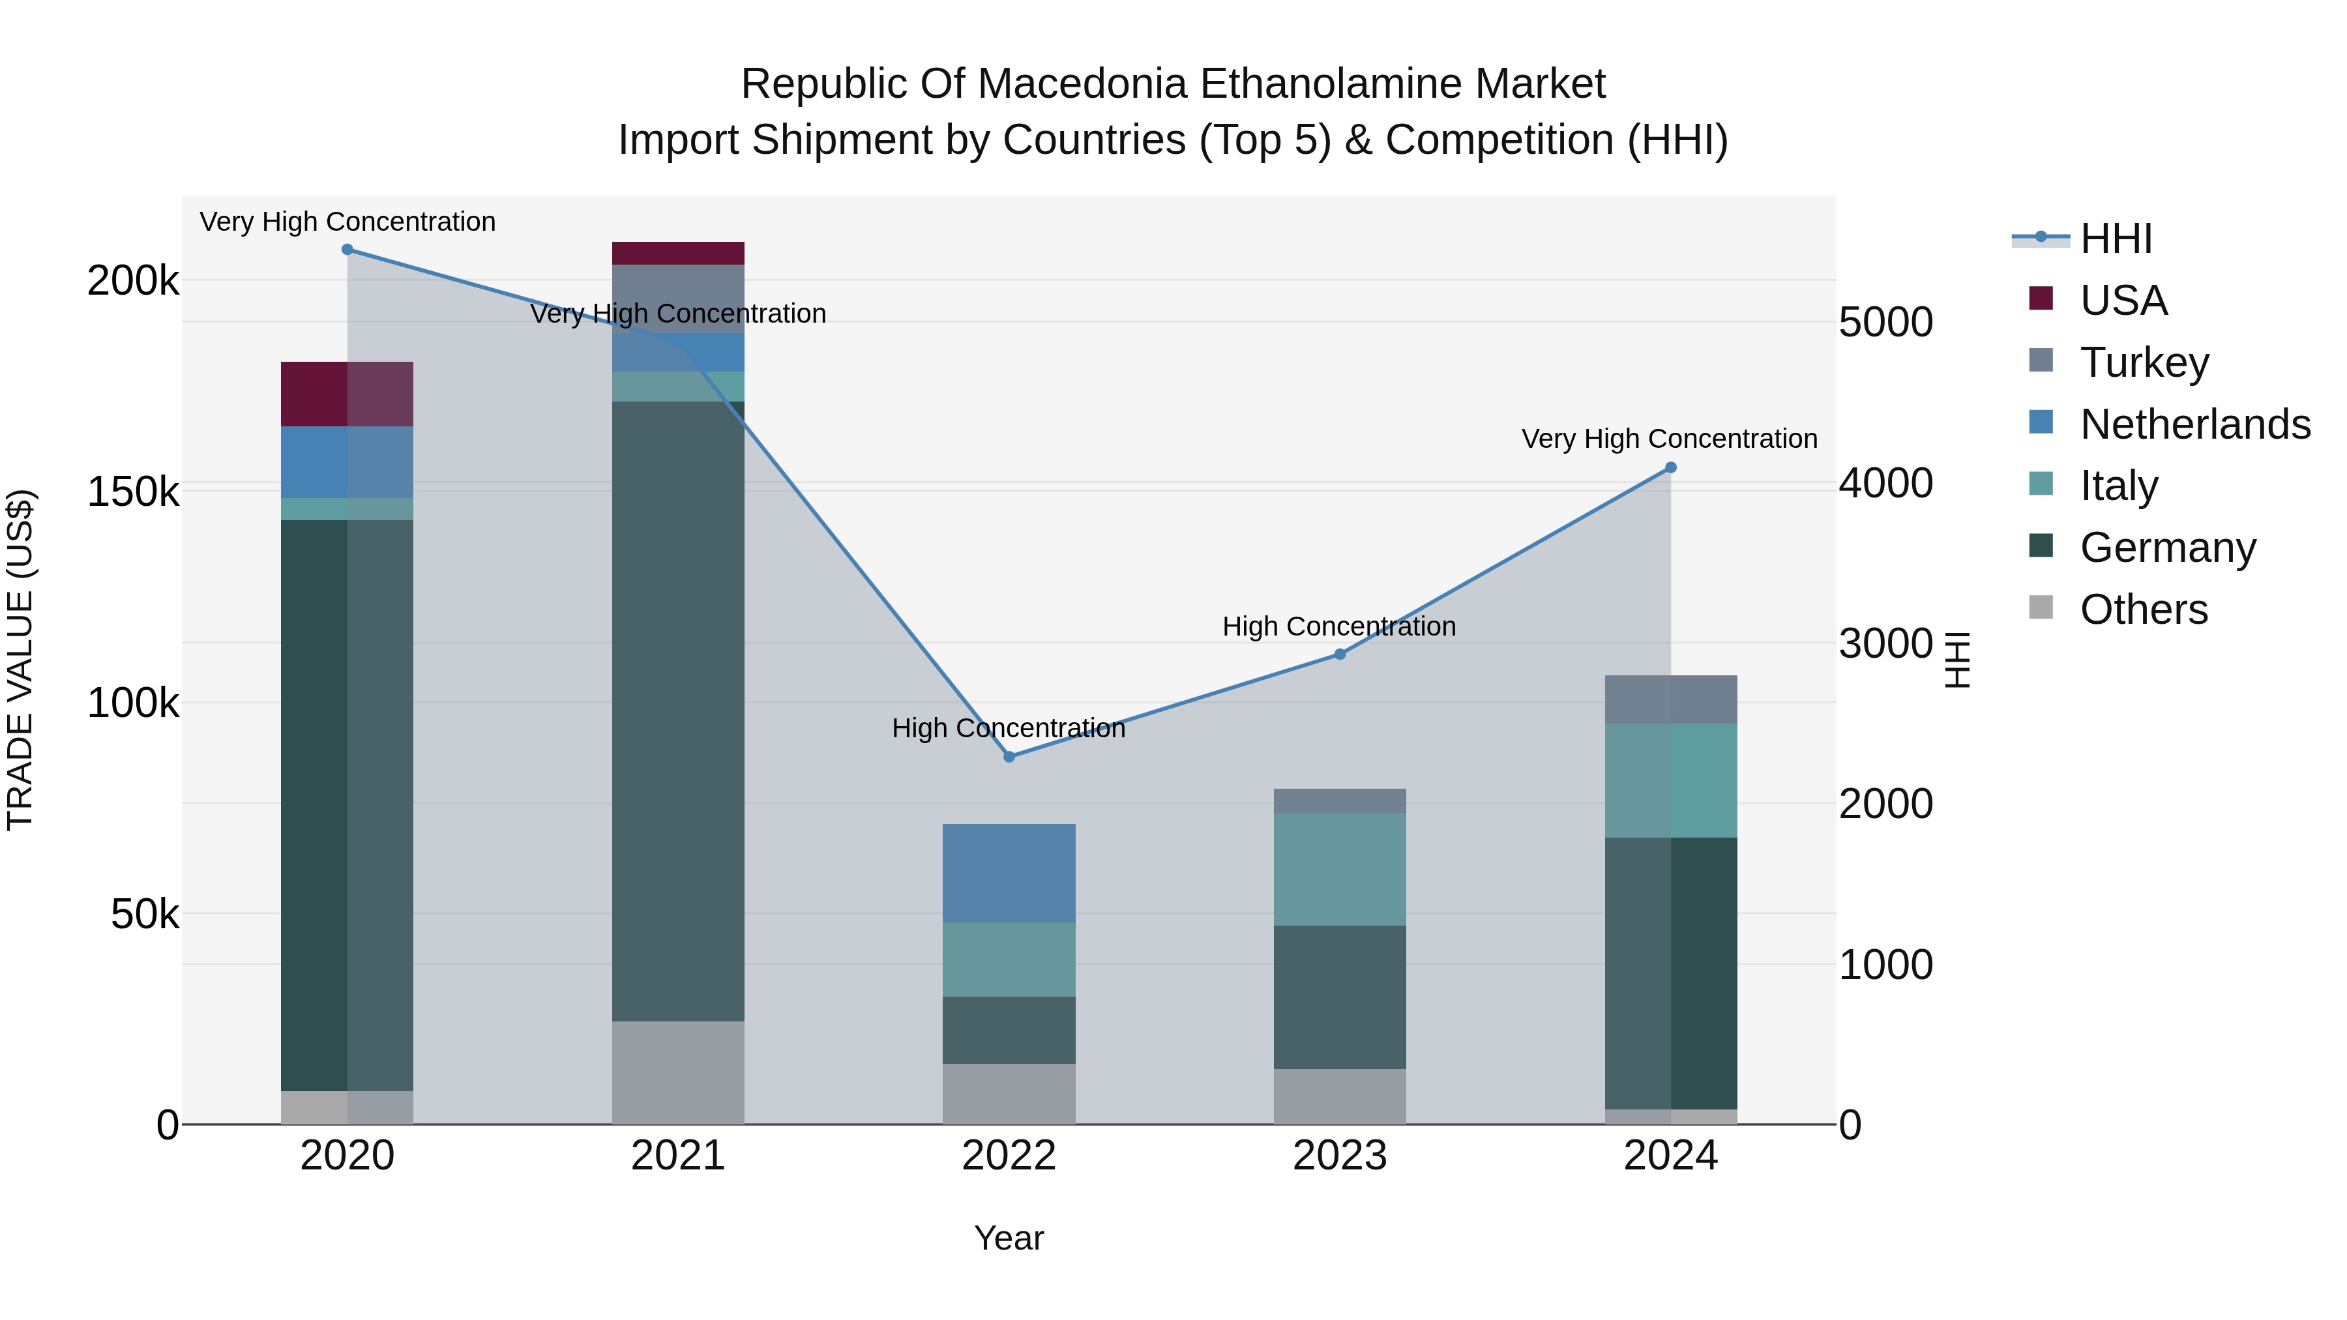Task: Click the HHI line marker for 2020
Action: click(347, 250)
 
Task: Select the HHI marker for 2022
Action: click(1009, 757)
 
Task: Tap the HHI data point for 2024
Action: click(1671, 467)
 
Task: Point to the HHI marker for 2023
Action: click(1339, 654)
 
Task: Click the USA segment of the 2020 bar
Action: click(346, 394)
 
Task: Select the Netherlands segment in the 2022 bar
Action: click(1009, 873)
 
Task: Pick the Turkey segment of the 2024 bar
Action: click(1671, 699)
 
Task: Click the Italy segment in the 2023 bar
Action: click(1339, 869)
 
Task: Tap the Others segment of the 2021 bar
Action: click(678, 1072)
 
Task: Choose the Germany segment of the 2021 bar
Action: click(678, 711)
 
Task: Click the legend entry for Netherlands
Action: click(2194, 424)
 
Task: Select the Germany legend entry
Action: click(2166, 548)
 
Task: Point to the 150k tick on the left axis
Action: click(133, 492)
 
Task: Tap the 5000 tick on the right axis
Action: click(1885, 323)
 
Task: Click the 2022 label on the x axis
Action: click(1009, 1156)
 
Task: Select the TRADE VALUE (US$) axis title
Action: click(20, 660)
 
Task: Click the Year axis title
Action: click(1009, 1238)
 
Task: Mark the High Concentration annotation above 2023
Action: click(1338, 626)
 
